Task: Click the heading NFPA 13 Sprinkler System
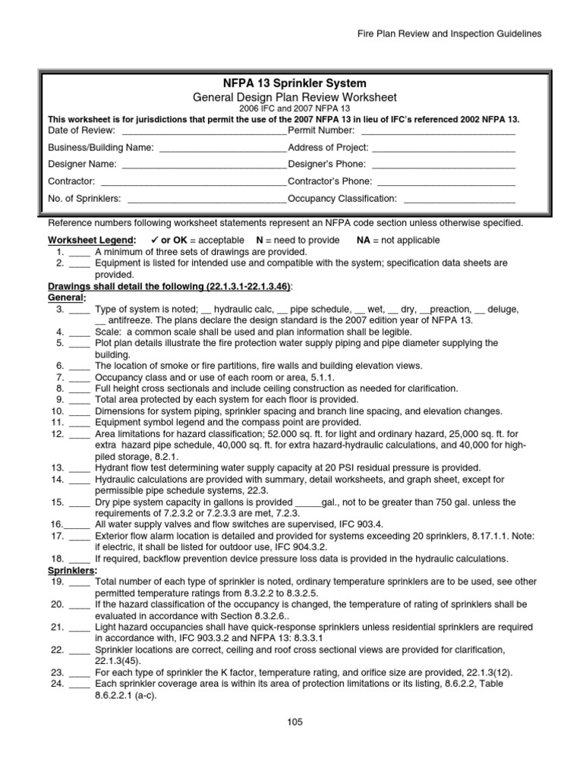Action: tap(292, 83)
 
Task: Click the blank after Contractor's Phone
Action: tap(446, 181)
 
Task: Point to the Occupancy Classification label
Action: tap(342, 198)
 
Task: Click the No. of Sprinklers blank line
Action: tap(206, 198)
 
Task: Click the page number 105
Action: tap(295, 722)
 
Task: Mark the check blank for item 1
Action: tap(80, 251)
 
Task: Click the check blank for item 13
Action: tap(80, 467)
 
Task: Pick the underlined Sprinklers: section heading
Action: tap(72, 569)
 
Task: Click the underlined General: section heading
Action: tap(67, 297)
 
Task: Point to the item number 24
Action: tap(56, 683)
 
